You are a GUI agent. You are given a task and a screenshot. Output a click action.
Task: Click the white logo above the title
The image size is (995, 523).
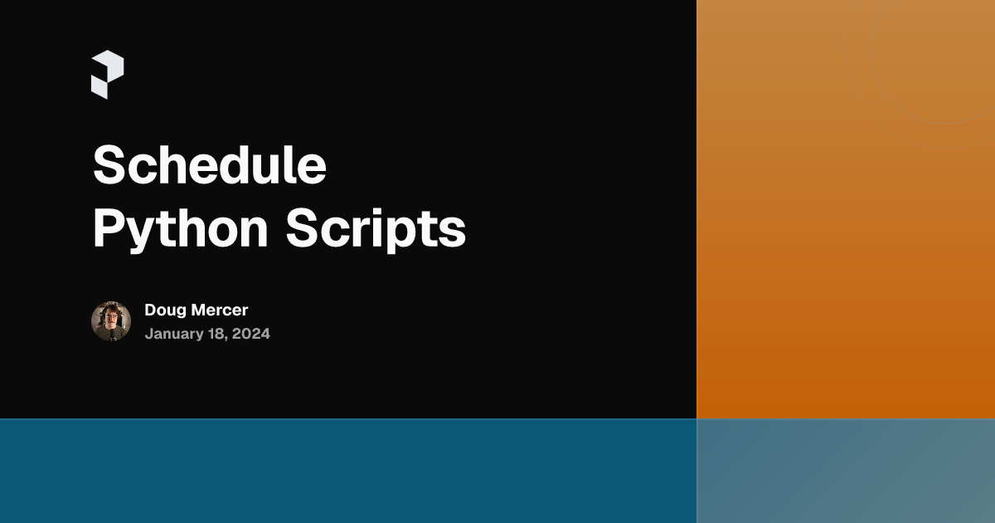pos(107,74)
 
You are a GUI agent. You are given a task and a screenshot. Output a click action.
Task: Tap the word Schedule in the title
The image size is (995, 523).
pos(210,165)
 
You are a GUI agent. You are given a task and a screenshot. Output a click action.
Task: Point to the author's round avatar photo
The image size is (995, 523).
pos(111,321)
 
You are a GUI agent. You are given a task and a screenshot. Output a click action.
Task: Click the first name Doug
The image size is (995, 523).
pos(163,310)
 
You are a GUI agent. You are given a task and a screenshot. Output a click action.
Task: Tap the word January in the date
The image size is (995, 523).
pos(174,334)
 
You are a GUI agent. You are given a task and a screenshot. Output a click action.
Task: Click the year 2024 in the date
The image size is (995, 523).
pos(252,334)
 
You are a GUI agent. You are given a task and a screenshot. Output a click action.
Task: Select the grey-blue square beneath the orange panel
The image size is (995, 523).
pos(846,471)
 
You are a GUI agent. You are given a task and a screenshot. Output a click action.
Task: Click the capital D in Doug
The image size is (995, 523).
pos(150,310)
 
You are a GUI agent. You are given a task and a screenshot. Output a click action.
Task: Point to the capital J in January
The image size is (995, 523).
pos(148,334)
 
